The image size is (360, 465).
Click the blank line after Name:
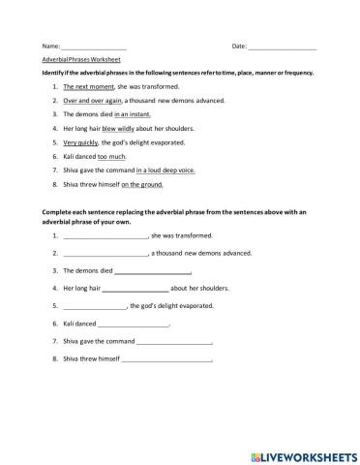(94, 46)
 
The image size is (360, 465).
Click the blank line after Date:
(283, 46)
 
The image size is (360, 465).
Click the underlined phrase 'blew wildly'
(122, 128)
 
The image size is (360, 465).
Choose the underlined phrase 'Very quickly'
(82, 141)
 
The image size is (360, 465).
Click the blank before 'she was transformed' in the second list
(105, 236)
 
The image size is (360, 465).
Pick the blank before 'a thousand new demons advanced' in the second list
(105, 254)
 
